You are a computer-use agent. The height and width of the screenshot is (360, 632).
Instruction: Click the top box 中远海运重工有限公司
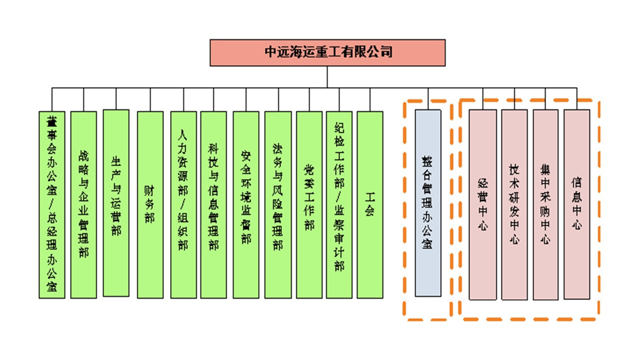(328, 53)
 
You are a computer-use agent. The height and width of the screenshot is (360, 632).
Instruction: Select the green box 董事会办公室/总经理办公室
(52, 205)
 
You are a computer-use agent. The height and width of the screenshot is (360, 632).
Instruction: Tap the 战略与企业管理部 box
(83, 205)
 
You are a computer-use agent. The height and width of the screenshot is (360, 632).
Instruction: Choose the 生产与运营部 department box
(116, 203)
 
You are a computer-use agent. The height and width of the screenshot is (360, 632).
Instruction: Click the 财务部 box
(150, 205)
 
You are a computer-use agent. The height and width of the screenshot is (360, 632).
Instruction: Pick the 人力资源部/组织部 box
(184, 205)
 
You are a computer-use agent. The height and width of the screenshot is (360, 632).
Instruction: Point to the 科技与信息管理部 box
(214, 205)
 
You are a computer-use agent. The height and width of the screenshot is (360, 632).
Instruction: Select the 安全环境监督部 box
(246, 205)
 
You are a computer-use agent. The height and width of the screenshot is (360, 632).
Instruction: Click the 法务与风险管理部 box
(278, 205)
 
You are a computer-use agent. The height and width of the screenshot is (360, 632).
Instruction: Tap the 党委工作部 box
(309, 205)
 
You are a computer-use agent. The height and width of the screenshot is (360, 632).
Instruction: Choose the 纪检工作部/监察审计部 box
(339, 205)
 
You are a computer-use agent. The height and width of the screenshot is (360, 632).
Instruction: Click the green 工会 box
(370, 205)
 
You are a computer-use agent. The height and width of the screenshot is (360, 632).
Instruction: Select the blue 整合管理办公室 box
(428, 203)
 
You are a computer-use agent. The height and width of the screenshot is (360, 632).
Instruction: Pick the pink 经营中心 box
(483, 205)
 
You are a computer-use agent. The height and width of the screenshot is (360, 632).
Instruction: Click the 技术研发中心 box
(514, 205)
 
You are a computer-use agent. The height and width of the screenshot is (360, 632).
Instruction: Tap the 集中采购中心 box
(545, 205)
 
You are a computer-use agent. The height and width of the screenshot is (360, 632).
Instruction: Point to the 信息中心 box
(577, 204)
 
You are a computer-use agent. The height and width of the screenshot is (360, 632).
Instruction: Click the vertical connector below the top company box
(327, 77)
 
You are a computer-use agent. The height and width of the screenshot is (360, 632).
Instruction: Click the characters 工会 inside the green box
(370, 204)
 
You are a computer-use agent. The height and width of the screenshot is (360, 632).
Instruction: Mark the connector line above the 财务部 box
(150, 99)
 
